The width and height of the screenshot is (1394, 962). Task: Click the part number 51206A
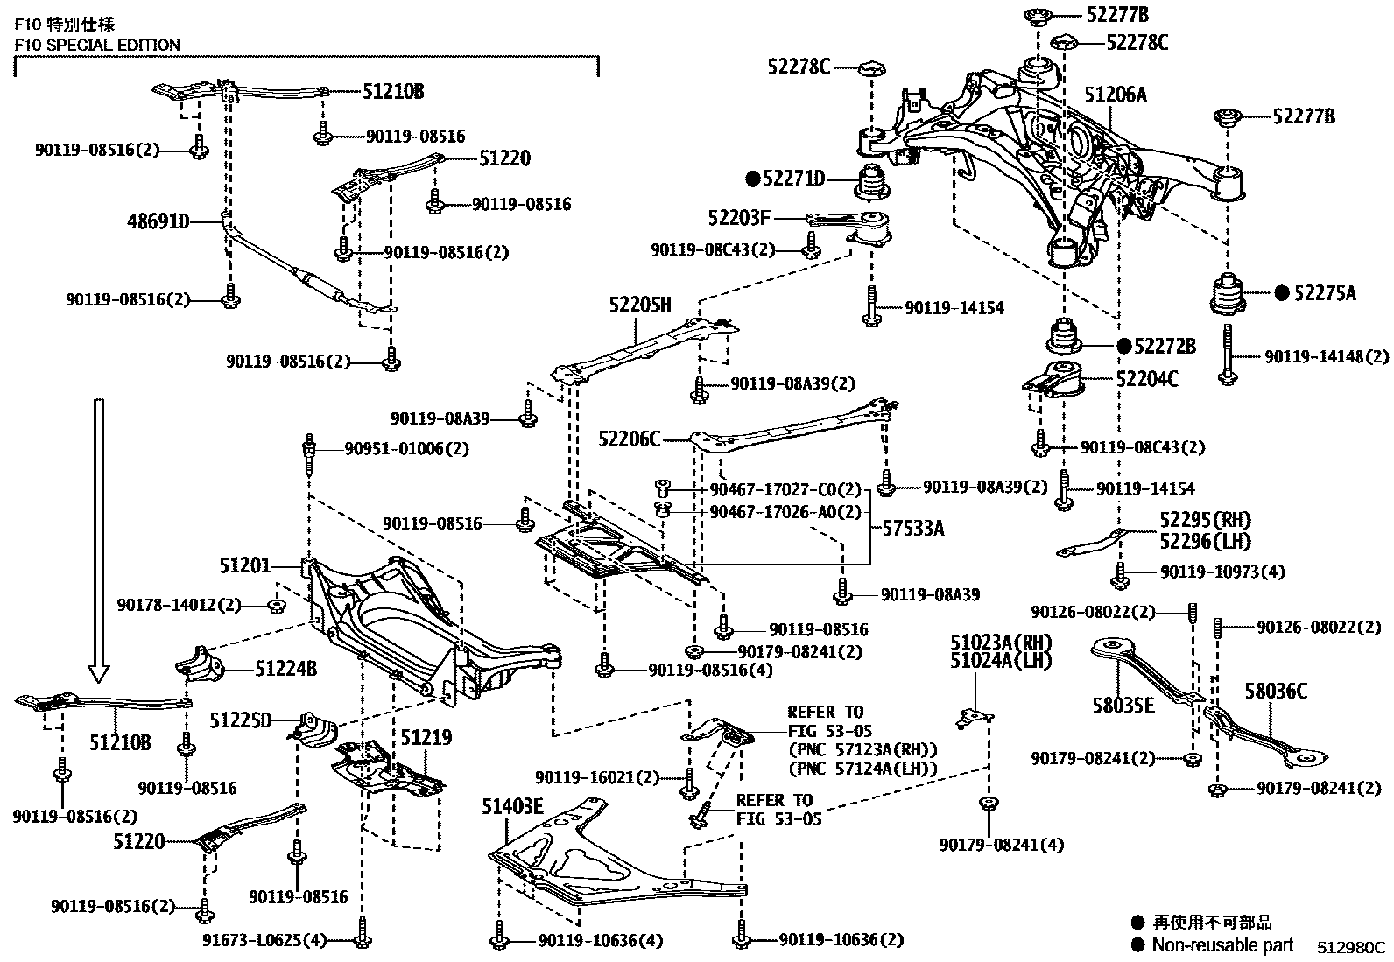tap(1115, 95)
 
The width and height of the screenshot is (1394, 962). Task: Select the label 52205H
tap(640, 305)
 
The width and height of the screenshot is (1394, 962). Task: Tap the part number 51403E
tap(512, 806)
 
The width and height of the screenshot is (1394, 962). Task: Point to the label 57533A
tap(912, 528)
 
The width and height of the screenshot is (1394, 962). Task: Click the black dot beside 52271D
tap(751, 179)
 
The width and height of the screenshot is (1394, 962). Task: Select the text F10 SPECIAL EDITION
tap(97, 45)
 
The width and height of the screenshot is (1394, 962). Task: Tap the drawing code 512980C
tap(1352, 947)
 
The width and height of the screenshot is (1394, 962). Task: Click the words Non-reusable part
tap(1222, 945)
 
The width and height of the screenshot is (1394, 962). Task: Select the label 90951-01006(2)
tap(406, 448)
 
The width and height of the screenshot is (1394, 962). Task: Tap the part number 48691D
tap(159, 222)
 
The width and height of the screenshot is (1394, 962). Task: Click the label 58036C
tap(1276, 692)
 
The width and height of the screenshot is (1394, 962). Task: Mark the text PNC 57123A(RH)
tap(862, 750)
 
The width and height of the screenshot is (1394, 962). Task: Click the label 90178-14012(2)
tap(180, 604)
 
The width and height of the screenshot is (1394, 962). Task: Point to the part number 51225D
tap(241, 720)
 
